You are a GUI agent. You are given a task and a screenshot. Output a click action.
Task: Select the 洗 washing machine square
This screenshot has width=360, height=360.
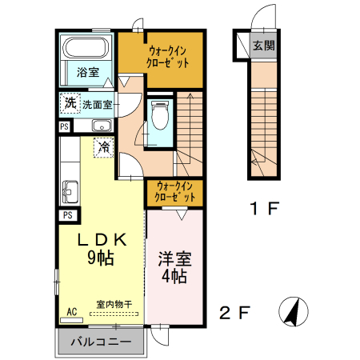click(x=70, y=103)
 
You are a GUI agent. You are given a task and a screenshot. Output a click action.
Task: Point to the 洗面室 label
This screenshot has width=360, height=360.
click(x=97, y=104)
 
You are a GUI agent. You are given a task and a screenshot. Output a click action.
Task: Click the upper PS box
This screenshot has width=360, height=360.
click(x=64, y=126)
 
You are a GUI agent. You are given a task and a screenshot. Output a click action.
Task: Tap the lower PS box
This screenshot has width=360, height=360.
click(x=68, y=215)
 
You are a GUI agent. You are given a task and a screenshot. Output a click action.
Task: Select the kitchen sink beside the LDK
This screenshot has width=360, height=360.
click(x=69, y=190)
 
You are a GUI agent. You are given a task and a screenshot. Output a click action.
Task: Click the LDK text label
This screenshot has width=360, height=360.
click(x=102, y=239)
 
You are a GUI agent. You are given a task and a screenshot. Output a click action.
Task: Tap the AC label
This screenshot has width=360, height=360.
click(x=71, y=312)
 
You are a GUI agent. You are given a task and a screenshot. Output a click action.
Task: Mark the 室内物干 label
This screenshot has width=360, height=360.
click(x=114, y=303)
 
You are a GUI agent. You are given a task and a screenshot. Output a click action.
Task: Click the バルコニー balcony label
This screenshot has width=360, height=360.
click(x=99, y=342)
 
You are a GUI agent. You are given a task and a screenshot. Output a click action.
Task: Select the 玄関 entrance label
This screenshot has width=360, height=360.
click(x=263, y=45)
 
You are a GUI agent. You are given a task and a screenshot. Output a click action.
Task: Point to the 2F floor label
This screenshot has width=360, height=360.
click(x=235, y=311)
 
